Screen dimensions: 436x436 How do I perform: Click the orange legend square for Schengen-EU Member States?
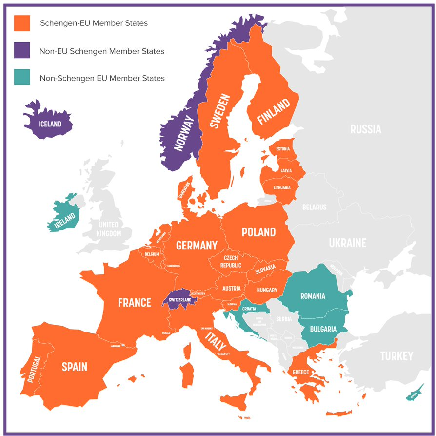[22, 23]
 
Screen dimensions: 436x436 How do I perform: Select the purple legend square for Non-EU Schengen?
[22, 50]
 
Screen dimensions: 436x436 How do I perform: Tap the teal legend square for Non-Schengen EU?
[22, 78]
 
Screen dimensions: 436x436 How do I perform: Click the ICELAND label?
[50, 124]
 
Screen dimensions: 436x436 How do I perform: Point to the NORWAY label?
[184, 133]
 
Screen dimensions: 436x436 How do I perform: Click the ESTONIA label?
[283, 149]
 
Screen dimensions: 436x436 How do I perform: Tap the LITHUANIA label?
[282, 187]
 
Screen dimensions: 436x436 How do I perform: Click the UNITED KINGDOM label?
[109, 229]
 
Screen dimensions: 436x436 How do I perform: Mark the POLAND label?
[258, 232]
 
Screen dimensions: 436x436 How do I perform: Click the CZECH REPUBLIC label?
[231, 261]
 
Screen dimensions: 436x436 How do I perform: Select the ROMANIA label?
[313, 296]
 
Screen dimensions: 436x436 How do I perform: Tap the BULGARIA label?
[323, 329]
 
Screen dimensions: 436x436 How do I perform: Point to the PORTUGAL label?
[35, 369]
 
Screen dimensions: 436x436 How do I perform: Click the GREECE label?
[300, 372]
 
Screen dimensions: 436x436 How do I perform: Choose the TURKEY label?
[396, 356]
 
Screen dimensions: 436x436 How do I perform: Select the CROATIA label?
[249, 309]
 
